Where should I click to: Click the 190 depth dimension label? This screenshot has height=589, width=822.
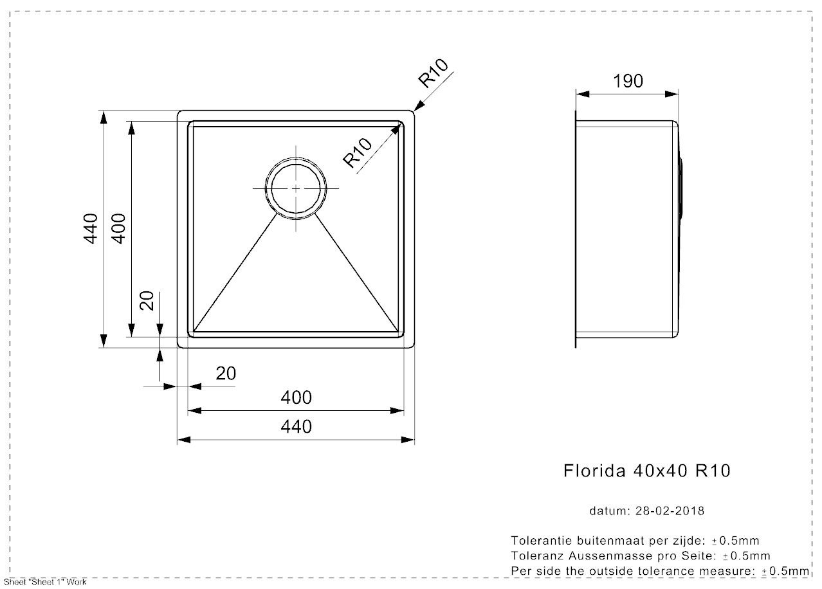(628, 81)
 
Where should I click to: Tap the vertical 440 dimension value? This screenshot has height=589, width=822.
(91, 228)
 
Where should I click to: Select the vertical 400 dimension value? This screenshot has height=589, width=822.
(118, 228)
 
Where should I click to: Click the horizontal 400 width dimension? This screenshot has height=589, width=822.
(296, 397)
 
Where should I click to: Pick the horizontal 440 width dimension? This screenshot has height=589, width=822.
(296, 427)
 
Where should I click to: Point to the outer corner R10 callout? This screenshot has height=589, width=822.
(434, 73)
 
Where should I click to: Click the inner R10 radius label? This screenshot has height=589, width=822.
(357, 152)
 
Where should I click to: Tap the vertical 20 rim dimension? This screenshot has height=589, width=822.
(147, 301)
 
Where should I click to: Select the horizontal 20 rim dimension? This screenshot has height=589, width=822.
(226, 374)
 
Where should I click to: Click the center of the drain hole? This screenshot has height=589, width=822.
(296, 188)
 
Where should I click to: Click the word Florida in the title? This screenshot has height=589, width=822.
(594, 471)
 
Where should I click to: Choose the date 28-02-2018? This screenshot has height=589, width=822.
(670, 511)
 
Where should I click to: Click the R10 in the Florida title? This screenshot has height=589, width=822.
(713, 471)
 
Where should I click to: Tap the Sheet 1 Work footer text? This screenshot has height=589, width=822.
(45, 582)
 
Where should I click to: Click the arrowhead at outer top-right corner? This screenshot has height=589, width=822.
(419, 105)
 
